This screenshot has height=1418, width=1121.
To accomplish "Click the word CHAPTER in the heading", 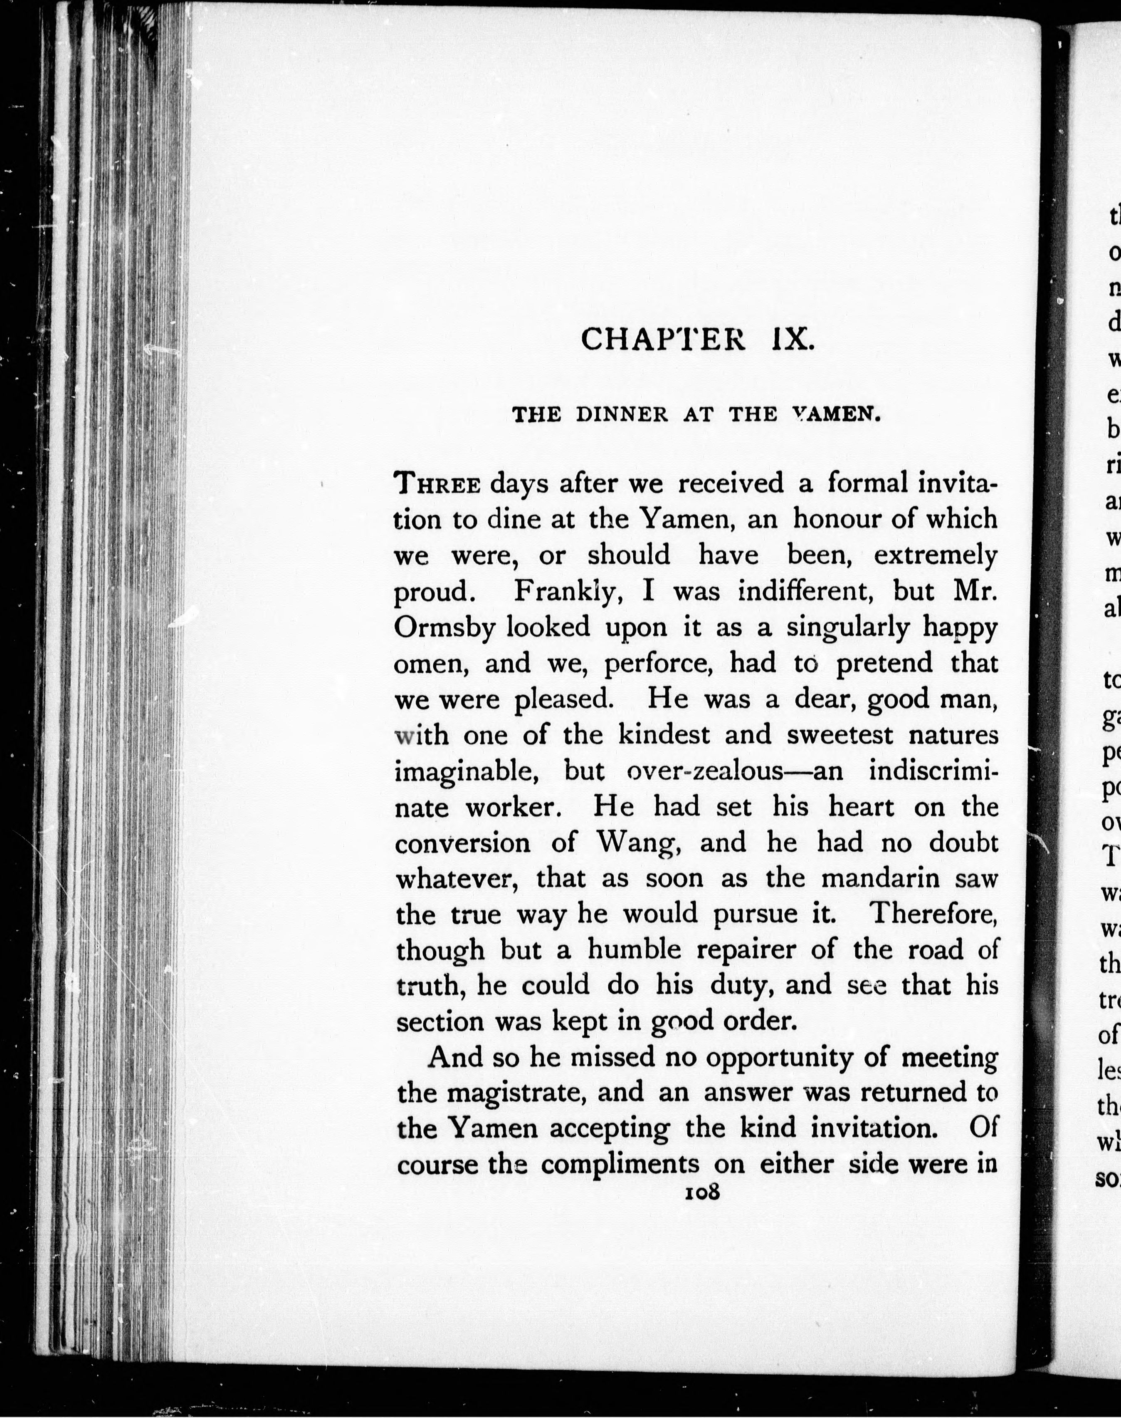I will (663, 340).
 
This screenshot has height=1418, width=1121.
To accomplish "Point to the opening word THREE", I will (438, 485).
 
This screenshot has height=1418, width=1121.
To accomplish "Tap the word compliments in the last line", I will (620, 1165).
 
